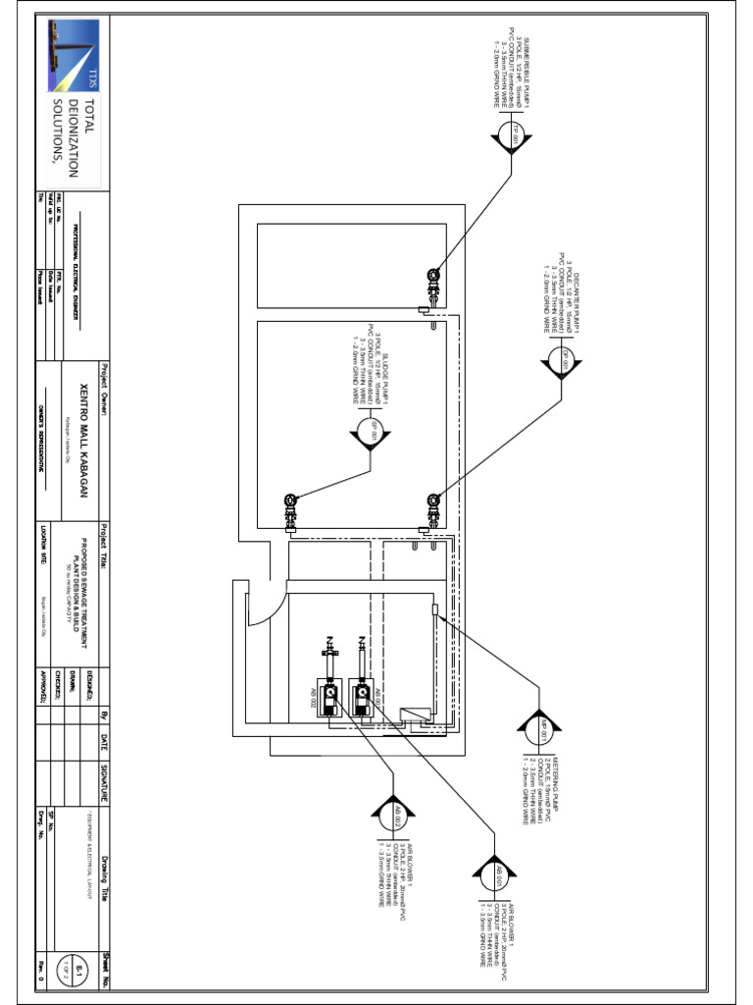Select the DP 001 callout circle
564,362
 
